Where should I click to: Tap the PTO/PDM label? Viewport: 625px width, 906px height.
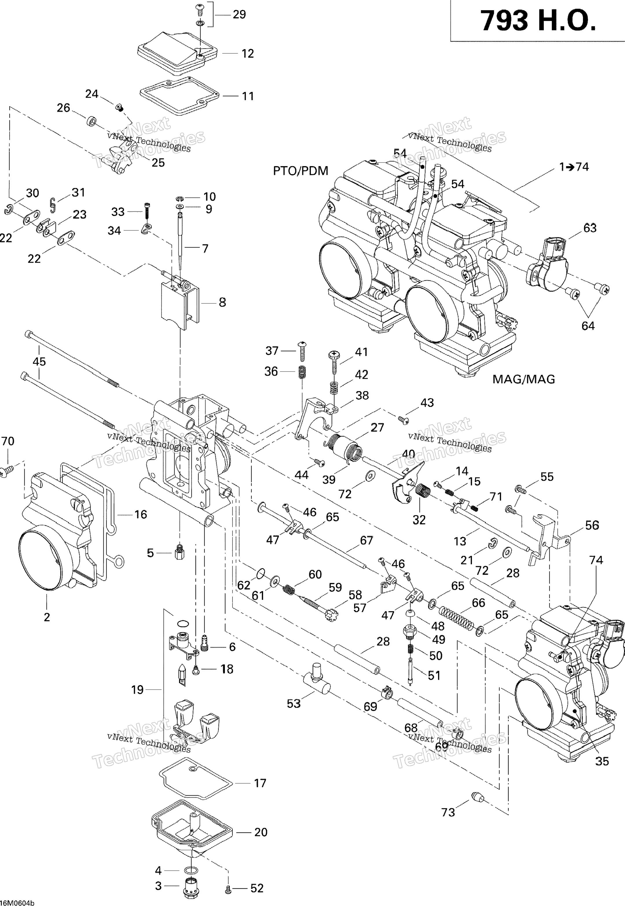pyautogui.click(x=301, y=171)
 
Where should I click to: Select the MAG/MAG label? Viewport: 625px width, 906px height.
pyautogui.click(x=524, y=379)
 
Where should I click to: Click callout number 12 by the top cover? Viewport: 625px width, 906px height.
pyautogui.click(x=248, y=53)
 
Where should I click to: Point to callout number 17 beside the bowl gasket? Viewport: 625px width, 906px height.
pyautogui.click(x=260, y=783)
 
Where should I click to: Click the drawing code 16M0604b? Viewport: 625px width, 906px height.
pyautogui.click(x=17, y=901)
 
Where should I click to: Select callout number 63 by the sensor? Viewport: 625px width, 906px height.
pyautogui.click(x=590, y=228)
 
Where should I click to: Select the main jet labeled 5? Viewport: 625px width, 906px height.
pyautogui.click(x=180, y=553)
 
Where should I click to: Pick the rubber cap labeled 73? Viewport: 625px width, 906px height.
pyautogui.click(x=477, y=796)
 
